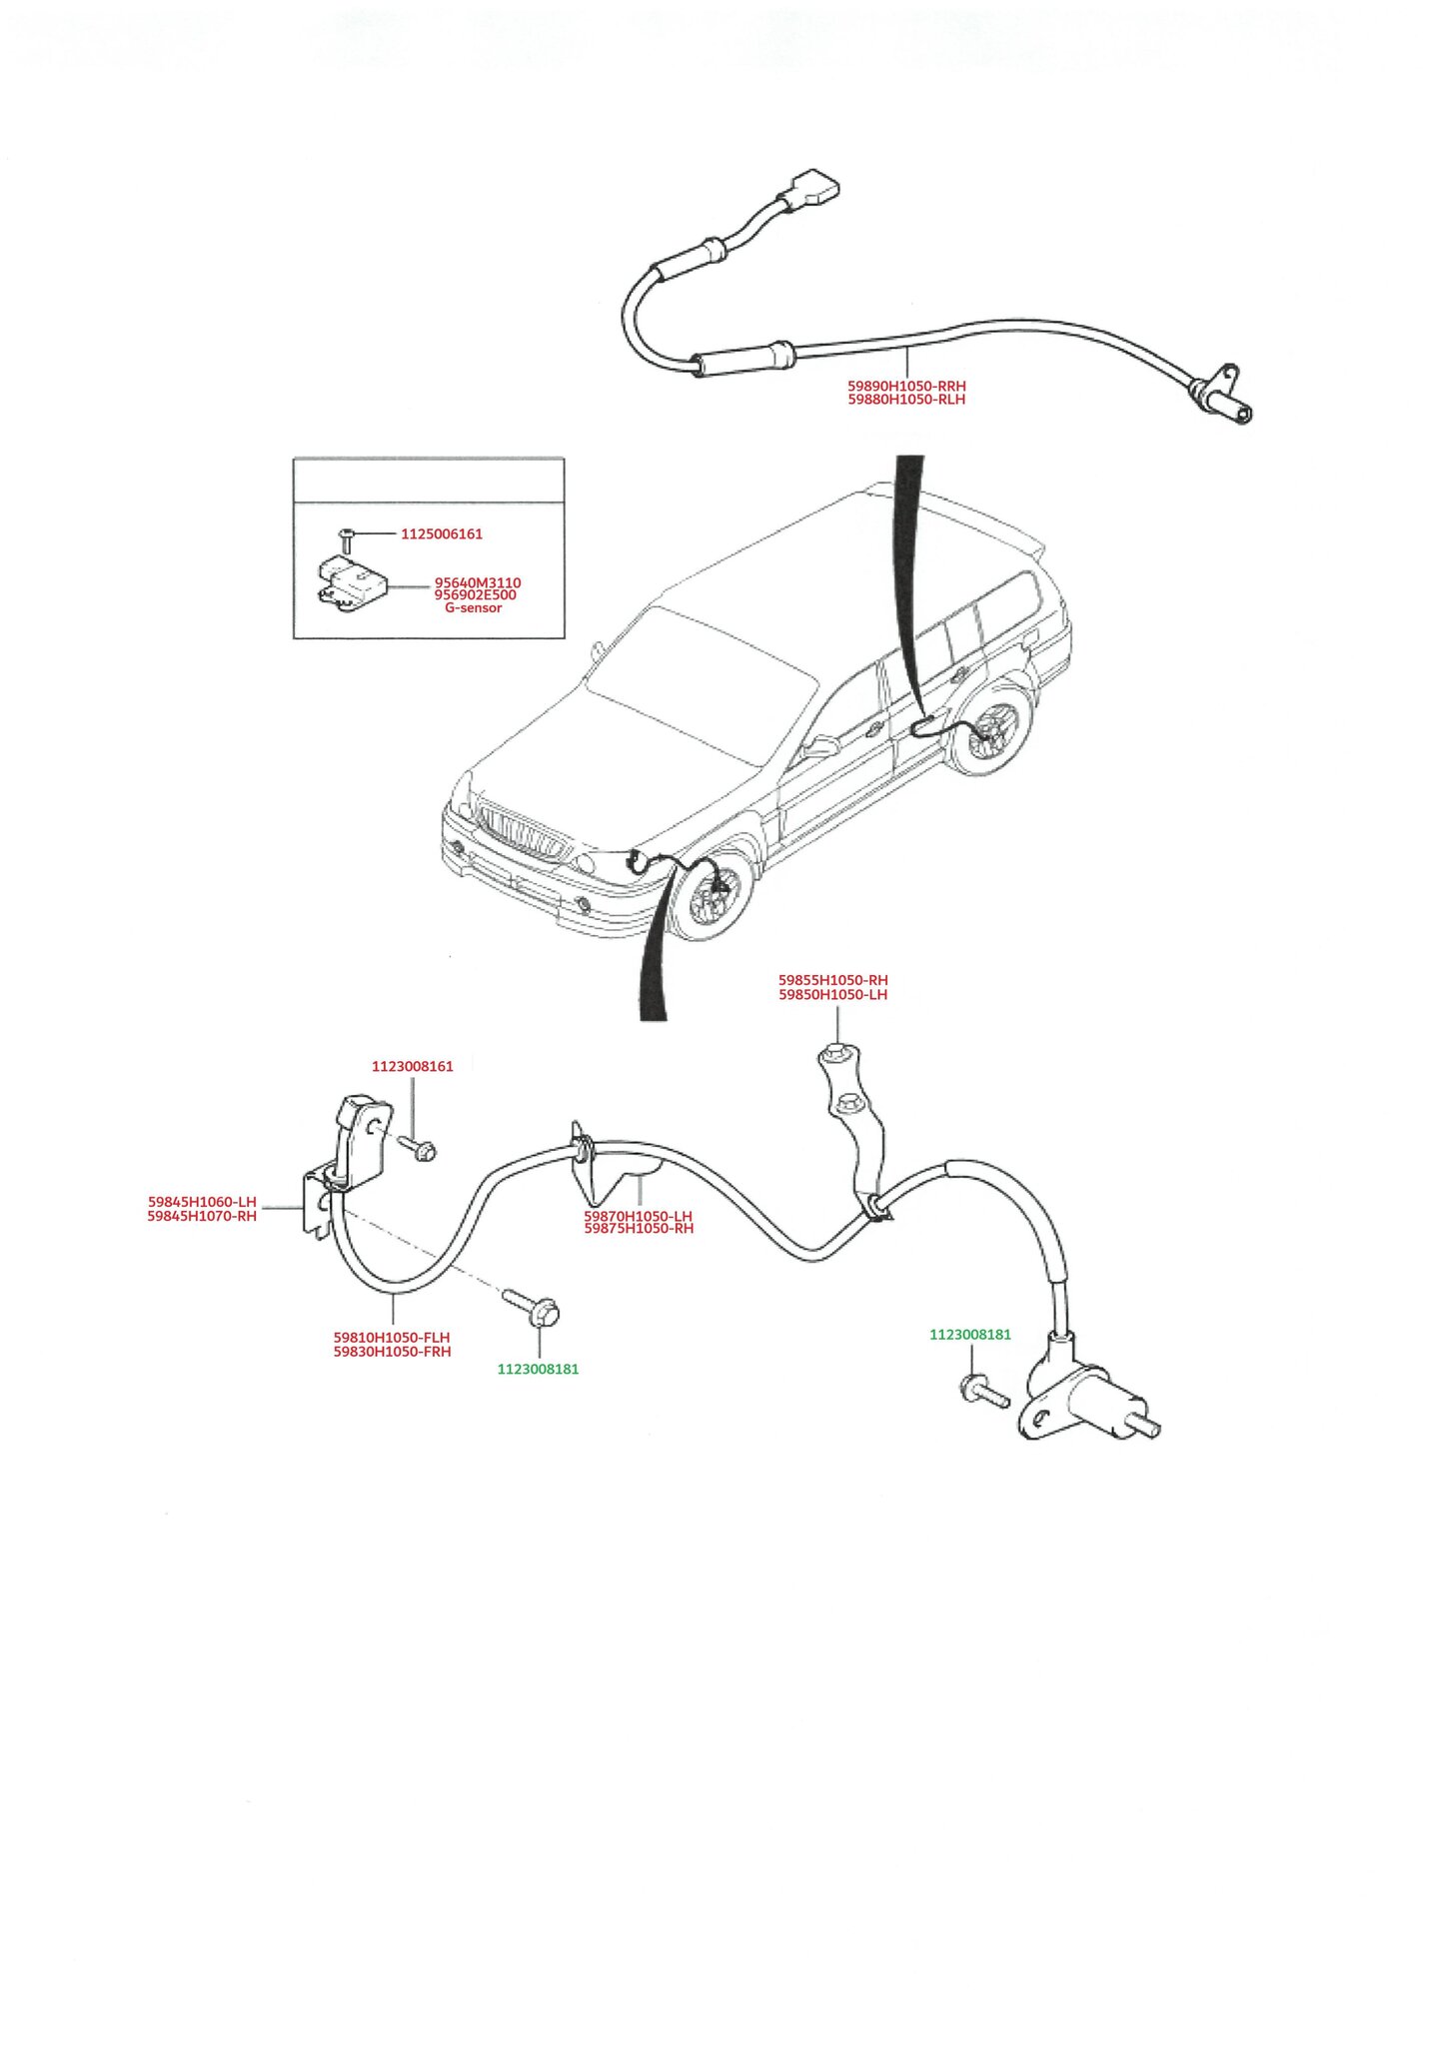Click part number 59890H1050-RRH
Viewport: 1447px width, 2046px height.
pyautogui.click(x=906, y=386)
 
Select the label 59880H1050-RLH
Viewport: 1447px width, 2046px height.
pyautogui.click(x=906, y=400)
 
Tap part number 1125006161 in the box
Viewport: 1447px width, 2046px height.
pyautogui.click(x=442, y=534)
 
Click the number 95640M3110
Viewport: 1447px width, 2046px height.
pyautogui.click(x=477, y=582)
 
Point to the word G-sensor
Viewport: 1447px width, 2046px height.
pyautogui.click(x=474, y=608)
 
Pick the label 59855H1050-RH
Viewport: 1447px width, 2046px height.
pyautogui.click(x=832, y=981)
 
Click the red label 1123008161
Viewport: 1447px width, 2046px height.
pyautogui.click(x=412, y=1067)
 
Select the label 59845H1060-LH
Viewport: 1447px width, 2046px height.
pyautogui.click(x=202, y=1202)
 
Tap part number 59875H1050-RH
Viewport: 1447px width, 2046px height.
pyautogui.click(x=639, y=1229)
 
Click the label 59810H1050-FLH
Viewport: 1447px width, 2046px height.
pyautogui.click(x=392, y=1338)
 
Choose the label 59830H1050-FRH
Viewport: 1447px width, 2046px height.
pyautogui.click(x=392, y=1353)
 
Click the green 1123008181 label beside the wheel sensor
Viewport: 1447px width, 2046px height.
pyautogui.click(x=969, y=1335)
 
